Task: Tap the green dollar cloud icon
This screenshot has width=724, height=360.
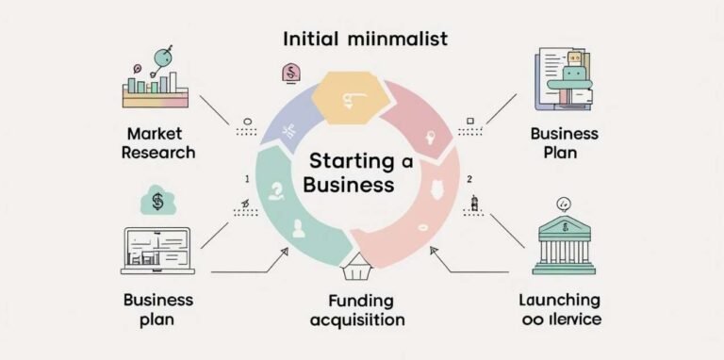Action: pos(156,201)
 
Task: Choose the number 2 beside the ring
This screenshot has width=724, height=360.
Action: pos(469,179)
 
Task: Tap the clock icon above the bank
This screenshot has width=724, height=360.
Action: pos(564,202)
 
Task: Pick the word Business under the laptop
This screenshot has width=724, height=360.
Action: pos(158,301)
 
